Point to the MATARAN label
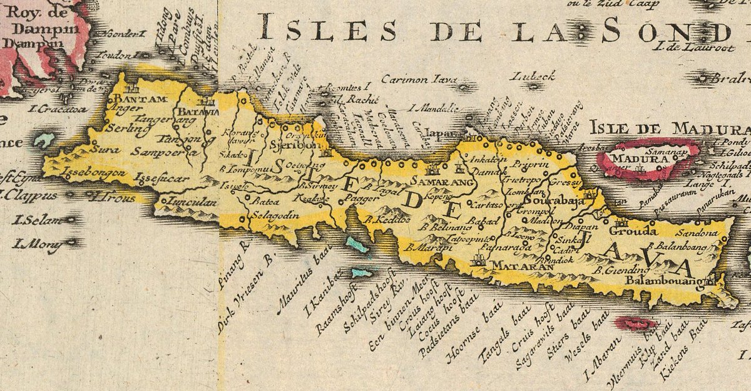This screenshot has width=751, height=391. (514, 266)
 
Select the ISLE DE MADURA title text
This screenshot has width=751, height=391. (669, 128)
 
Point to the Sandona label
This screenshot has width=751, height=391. (691, 233)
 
